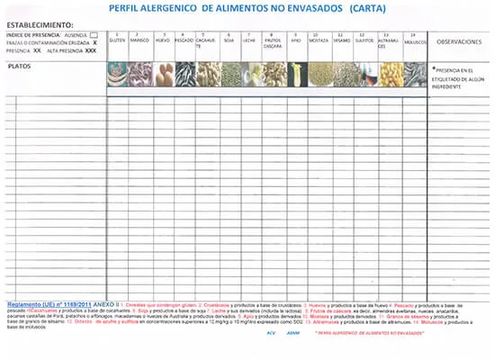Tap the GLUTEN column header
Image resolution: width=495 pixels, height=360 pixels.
[x=117, y=42]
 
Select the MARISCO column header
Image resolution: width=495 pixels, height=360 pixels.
[x=139, y=42]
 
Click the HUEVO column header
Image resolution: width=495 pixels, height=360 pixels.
[x=163, y=42]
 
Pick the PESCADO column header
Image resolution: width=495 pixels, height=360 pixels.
[x=184, y=42]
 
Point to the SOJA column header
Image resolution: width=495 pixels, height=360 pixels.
[x=230, y=42]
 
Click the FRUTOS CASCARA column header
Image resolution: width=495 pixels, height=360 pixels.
[x=273, y=44]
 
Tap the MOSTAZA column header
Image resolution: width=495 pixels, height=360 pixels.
[x=319, y=42]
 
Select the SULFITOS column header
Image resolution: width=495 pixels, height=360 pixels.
[x=364, y=42]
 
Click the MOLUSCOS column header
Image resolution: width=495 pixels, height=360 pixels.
[x=415, y=42]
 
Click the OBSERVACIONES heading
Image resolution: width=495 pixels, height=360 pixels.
[x=459, y=42]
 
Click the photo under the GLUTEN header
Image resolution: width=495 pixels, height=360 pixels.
[x=117, y=74]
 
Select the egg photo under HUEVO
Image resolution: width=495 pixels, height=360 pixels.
[x=163, y=74]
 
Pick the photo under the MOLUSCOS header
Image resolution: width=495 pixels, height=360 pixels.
[x=415, y=74]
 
